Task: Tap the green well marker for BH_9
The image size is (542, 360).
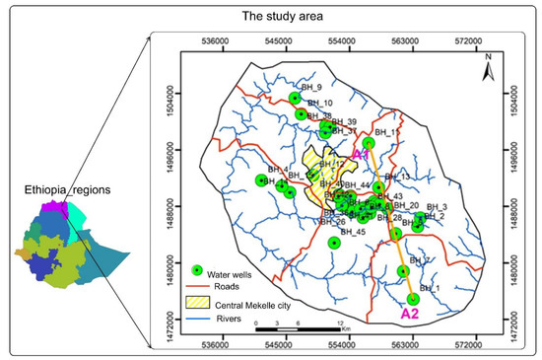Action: click(295, 98)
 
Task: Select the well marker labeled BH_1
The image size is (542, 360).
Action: click(413, 299)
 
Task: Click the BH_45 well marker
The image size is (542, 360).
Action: click(334, 242)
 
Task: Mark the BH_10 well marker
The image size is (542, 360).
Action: click(301, 114)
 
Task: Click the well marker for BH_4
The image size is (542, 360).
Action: click(261, 180)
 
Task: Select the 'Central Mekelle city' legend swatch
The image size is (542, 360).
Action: click(197, 305)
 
